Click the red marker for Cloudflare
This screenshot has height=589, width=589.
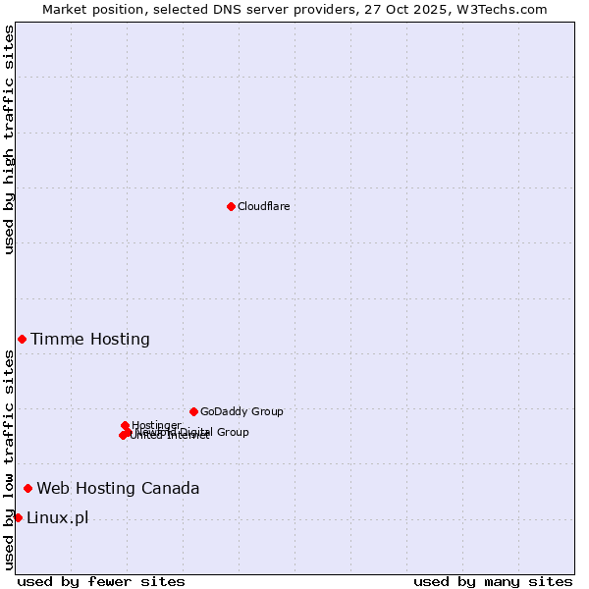coord(231,206)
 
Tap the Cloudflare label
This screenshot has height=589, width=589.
coord(263,206)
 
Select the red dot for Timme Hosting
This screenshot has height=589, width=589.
coord(22,339)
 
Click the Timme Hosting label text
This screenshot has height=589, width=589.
coord(90,340)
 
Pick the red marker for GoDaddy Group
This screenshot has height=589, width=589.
coord(193,411)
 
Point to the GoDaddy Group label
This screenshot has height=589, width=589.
coord(241,411)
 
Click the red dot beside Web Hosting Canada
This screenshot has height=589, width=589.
coord(27,488)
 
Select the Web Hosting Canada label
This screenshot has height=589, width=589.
coord(118,489)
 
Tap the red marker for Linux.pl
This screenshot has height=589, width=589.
coord(18,517)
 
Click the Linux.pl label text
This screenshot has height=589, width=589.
coord(57,518)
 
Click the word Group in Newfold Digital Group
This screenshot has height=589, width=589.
coord(232,432)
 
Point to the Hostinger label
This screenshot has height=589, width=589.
coord(156,425)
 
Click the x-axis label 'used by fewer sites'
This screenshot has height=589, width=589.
coord(101,581)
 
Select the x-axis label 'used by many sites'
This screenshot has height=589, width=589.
coord(493,581)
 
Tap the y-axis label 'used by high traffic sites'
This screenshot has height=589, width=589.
coord(10,139)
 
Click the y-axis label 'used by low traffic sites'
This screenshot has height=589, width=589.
coord(10,459)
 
